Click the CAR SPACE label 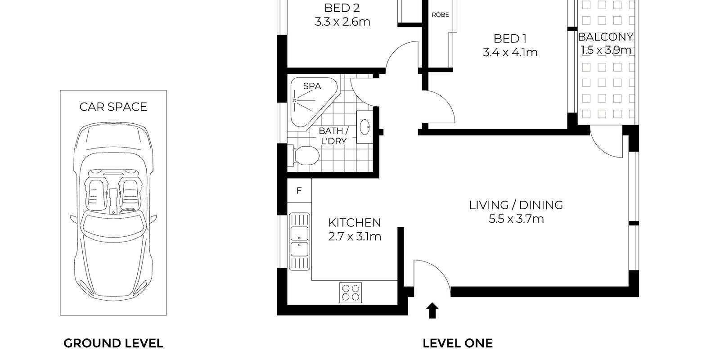[x=113, y=107]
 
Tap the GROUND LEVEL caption [x=113, y=343]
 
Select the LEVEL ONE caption [x=457, y=343]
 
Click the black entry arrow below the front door [x=432, y=310]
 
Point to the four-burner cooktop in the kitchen [x=351, y=292]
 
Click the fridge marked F [x=299, y=191]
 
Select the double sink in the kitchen [x=299, y=241]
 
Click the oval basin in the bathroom [x=364, y=127]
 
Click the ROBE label [x=440, y=15]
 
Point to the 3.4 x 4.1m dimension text [x=510, y=53]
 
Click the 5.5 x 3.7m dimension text [x=516, y=219]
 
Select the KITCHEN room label [x=354, y=222]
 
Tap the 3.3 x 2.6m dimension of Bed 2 [x=342, y=22]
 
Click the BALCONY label [x=606, y=37]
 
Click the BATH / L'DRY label [x=333, y=135]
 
